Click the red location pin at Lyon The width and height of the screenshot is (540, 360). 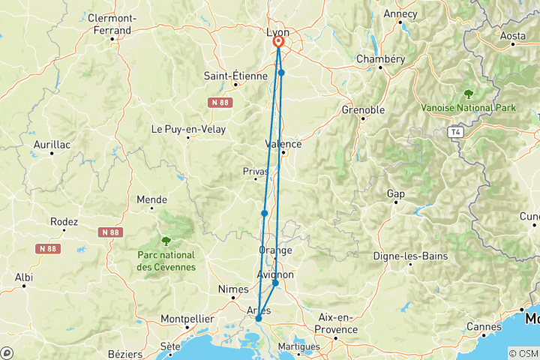coord(278,43)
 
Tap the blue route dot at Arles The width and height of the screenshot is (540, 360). coord(258,319)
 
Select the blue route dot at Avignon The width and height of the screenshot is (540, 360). coord(275,283)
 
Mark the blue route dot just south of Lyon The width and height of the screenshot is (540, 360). coord(281,73)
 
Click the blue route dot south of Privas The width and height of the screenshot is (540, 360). coord(264,214)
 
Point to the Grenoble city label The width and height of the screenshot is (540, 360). coord(363,110)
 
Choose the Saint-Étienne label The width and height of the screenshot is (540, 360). coord(235,76)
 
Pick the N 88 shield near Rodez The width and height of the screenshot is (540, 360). coord(46,248)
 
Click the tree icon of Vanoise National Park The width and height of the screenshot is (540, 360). coord(469,94)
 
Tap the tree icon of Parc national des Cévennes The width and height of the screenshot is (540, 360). coord(166,241)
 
